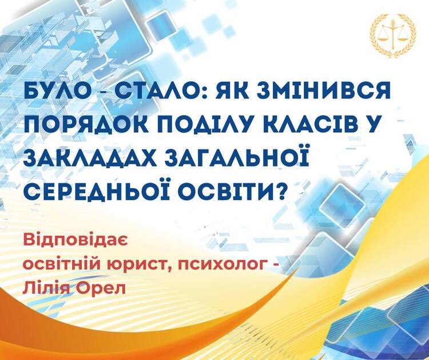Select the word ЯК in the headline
232,92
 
